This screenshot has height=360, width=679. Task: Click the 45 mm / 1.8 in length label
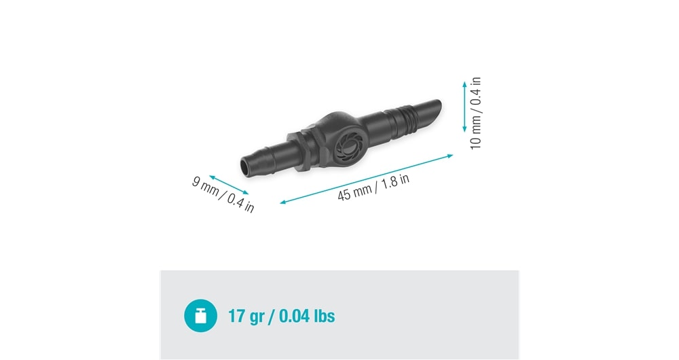click(373, 187)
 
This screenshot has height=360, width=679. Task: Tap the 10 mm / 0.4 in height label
click(475, 113)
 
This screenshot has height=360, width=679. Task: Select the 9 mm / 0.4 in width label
click(223, 194)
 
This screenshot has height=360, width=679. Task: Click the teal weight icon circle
click(200, 316)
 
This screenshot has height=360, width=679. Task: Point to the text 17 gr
click(246, 317)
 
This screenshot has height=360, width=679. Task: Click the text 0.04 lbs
click(307, 316)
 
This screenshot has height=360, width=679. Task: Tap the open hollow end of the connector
click(245, 167)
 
